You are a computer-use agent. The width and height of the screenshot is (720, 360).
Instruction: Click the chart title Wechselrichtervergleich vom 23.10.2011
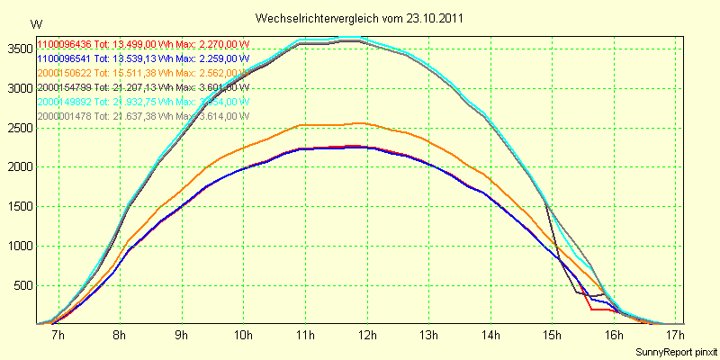point(361,18)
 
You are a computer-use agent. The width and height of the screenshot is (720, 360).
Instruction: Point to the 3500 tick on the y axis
point(17,48)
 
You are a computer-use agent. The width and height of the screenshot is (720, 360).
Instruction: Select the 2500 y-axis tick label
point(17,127)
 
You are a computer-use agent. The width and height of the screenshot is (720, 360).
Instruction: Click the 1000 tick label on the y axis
point(17,246)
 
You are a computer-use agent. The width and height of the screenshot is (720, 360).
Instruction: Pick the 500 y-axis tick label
point(21,285)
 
